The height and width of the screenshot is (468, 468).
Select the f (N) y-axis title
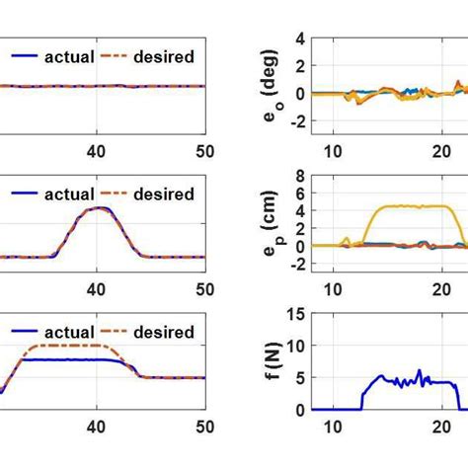coord(270,361)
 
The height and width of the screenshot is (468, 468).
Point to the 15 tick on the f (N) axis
coord(293,315)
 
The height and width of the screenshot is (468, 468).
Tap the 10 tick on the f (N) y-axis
coord(293,347)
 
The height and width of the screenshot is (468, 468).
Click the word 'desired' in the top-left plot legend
coord(165,56)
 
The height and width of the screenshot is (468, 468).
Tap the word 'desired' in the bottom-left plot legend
coord(165,333)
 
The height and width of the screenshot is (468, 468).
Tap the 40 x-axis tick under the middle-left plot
coord(97,289)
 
